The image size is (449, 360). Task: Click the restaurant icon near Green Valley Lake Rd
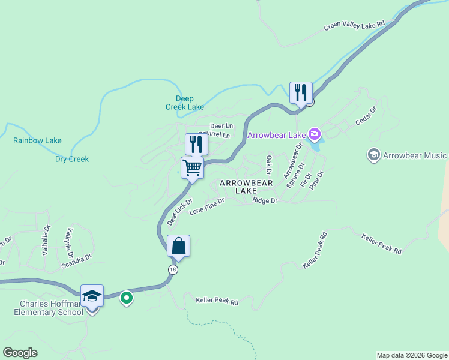(301, 92)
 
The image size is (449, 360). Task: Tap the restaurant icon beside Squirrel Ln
(196, 144)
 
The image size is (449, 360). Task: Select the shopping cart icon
(192, 167)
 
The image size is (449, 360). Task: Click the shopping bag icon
(178, 245)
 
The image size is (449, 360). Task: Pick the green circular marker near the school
(126, 297)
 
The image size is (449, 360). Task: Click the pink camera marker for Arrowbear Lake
(314, 133)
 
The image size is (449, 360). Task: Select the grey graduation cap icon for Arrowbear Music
(374, 155)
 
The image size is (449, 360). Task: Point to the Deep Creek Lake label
(185, 103)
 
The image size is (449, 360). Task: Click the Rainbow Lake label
(37, 141)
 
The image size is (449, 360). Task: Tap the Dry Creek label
(72, 159)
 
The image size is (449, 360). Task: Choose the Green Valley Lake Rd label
(354, 26)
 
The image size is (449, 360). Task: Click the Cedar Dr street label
(365, 116)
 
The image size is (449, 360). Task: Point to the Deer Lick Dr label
(179, 212)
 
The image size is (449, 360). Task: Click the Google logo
(20, 353)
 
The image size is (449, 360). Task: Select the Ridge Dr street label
(265, 200)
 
